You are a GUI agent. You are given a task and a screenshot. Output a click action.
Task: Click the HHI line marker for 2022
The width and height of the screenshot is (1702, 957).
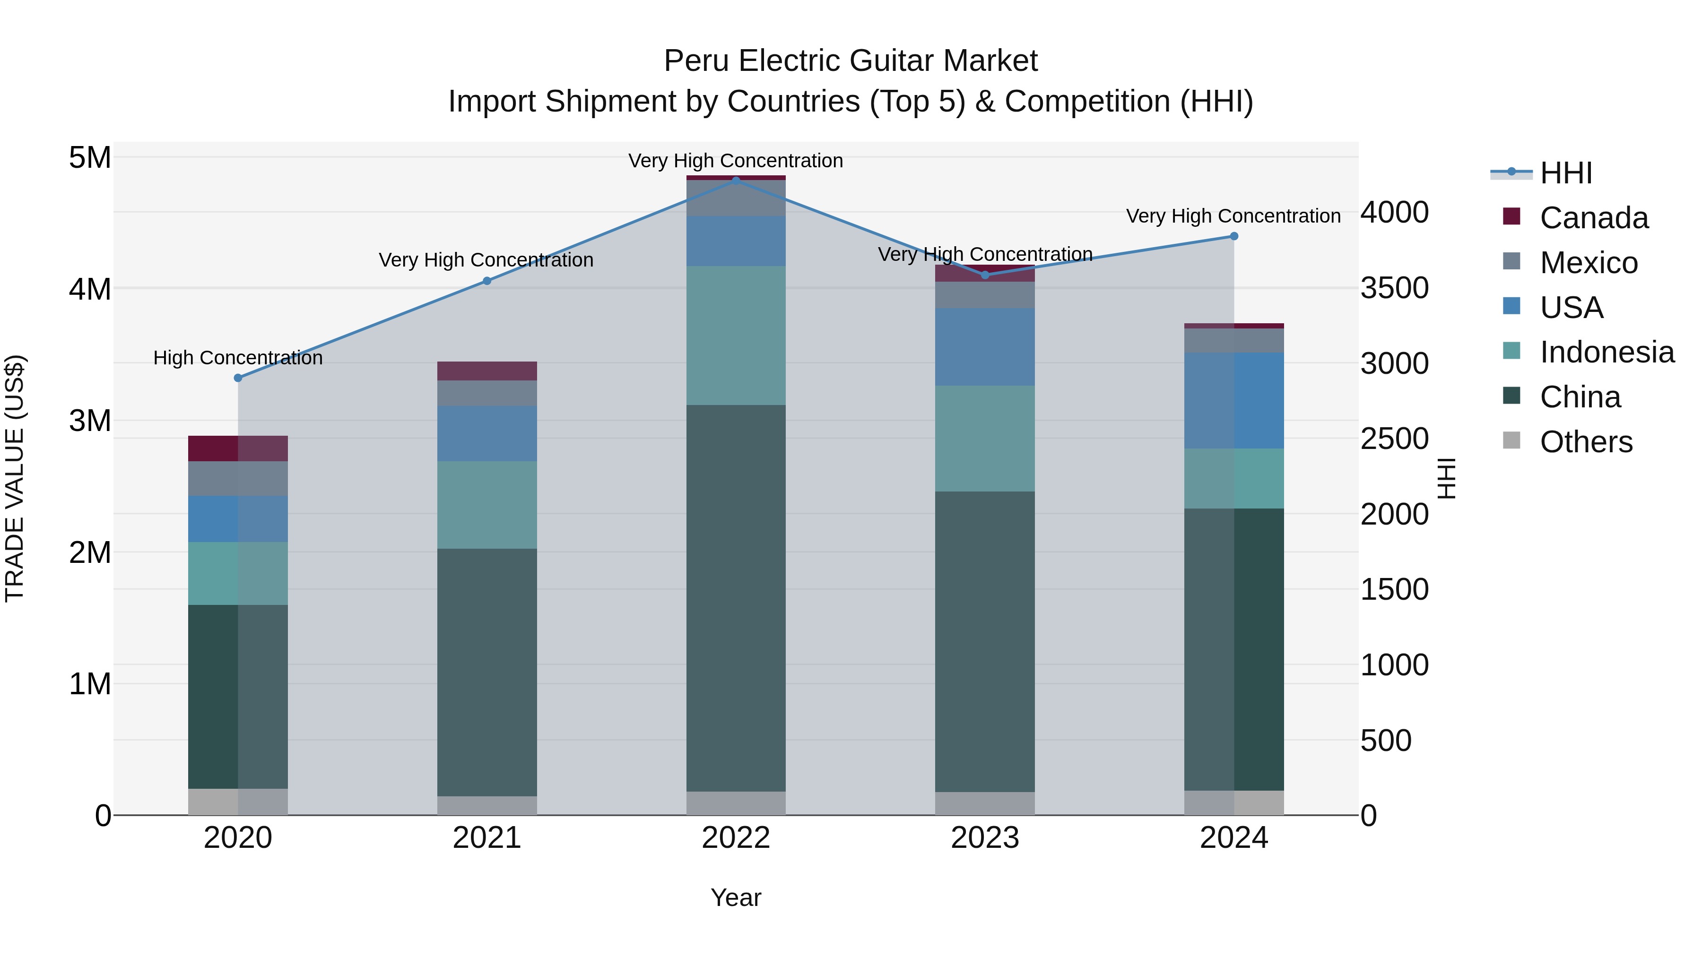click(736, 181)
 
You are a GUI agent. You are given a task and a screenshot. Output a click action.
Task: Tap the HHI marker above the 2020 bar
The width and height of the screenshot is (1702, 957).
click(238, 378)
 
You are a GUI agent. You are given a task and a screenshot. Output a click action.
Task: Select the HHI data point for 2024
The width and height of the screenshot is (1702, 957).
click(1233, 236)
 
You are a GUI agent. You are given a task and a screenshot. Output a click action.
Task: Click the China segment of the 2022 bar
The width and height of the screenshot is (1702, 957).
click(736, 598)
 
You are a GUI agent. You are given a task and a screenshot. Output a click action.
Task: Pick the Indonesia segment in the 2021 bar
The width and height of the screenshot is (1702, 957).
click(487, 505)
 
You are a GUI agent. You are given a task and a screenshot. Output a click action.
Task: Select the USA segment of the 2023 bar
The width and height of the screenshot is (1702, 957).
click(984, 347)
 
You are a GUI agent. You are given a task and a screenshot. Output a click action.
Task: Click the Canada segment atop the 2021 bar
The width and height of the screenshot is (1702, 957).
click(487, 371)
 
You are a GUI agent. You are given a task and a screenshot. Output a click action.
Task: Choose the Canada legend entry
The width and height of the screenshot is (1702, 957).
click(1593, 218)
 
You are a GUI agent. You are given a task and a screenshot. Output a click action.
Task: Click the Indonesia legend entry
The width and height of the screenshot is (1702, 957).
click(1606, 352)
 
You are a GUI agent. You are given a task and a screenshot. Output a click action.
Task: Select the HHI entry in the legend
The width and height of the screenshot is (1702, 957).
click(1565, 173)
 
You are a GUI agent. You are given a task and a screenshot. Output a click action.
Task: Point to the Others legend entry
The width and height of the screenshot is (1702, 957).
click(1585, 442)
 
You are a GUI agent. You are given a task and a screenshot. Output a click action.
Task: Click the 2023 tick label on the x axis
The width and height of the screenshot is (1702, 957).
click(984, 838)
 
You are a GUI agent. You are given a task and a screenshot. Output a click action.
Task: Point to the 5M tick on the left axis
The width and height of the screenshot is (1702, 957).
click(90, 158)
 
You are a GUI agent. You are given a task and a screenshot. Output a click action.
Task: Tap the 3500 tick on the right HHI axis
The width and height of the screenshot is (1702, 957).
click(1394, 288)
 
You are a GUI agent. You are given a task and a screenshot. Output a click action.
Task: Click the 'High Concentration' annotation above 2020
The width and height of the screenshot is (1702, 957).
click(238, 358)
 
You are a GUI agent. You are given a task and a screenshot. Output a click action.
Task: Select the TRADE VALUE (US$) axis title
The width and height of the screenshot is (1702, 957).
click(15, 478)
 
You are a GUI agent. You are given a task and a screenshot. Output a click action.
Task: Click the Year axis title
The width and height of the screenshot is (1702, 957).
click(736, 897)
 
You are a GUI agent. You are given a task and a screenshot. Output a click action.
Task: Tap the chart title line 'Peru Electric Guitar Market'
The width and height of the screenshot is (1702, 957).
click(851, 61)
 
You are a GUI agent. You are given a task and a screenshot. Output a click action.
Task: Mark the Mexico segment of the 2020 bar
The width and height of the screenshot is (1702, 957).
click(238, 478)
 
